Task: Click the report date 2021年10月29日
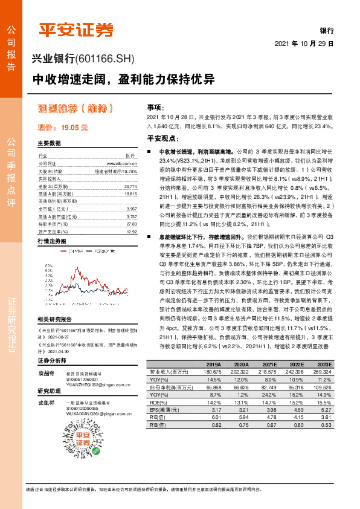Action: click(304, 44)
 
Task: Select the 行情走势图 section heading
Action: click(51, 241)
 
